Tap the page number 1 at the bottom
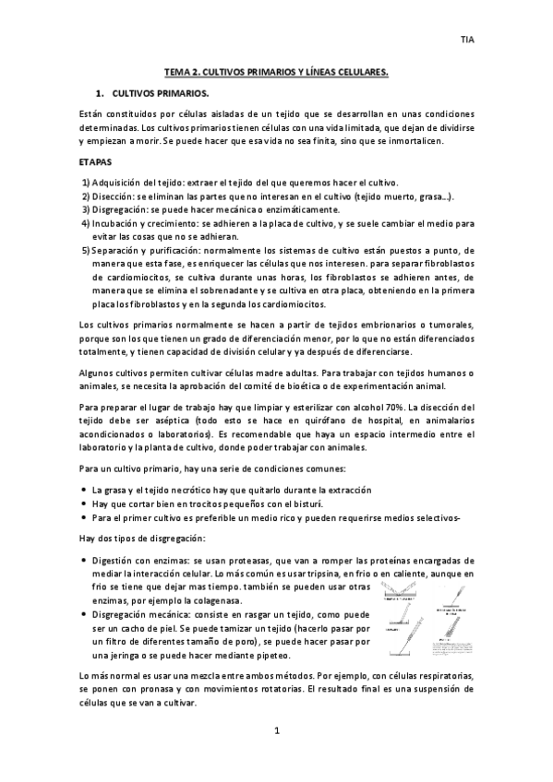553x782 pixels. pos(276,731)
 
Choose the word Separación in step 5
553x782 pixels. pos(118,250)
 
